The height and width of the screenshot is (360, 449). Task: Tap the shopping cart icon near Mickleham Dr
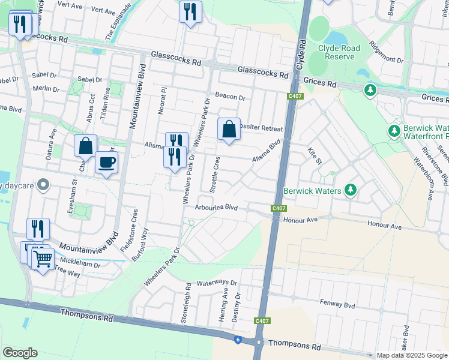(x=43, y=260)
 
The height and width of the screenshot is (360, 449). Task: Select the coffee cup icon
(x=106, y=163)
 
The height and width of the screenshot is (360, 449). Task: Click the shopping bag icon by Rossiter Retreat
(x=229, y=129)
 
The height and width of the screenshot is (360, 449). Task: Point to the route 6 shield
(x=238, y=340)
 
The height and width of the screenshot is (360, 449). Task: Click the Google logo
(x=20, y=353)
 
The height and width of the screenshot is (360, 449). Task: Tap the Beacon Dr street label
(x=231, y=97)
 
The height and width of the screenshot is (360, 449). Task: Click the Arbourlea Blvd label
(x=217, y=208)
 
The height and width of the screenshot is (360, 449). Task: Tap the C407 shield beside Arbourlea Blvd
(x=277, y=208)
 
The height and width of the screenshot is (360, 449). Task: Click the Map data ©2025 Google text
(x=411, y=355)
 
